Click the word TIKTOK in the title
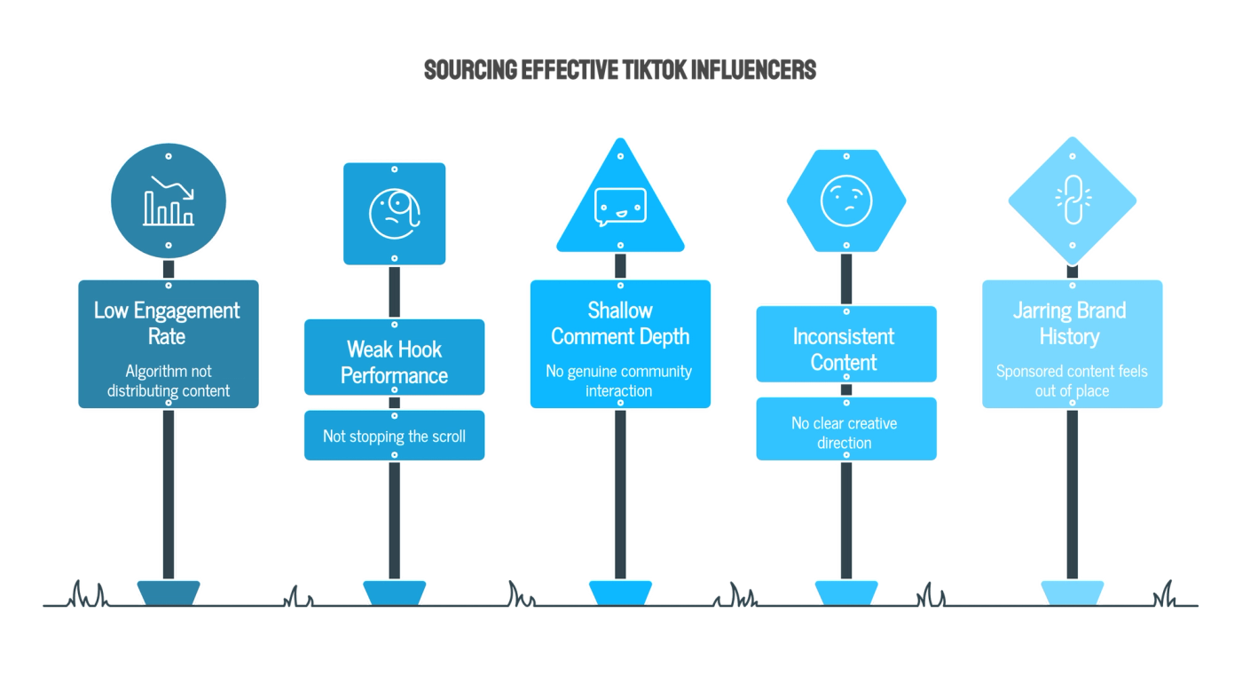point(654,70)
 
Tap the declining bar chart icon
point(169,200)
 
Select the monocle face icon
point(395,214)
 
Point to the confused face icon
point(846,200)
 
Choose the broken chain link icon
point(1073,200)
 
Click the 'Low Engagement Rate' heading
point(167,323)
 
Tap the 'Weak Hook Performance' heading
point(394,363)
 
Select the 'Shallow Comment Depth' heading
point(620,323)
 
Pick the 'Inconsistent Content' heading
point(844,350)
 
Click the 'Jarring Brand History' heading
point(1070,323)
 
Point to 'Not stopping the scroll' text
point(394,436)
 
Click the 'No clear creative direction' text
point(845,433)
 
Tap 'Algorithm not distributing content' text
point(169,381)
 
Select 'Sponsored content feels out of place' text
point(1072,381)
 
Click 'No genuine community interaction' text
point(619,381)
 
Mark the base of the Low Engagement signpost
point(169,594)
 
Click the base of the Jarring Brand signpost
point(1073,594)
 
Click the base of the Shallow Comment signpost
point(620,594)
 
